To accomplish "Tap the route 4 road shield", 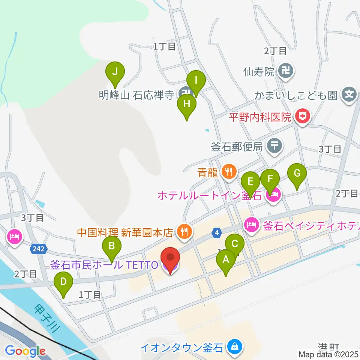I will click(217, 233).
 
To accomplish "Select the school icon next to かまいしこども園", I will click(349, 93).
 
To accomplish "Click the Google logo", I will click(25, 351).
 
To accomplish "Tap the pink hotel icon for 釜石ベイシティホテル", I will click(251, 225).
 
